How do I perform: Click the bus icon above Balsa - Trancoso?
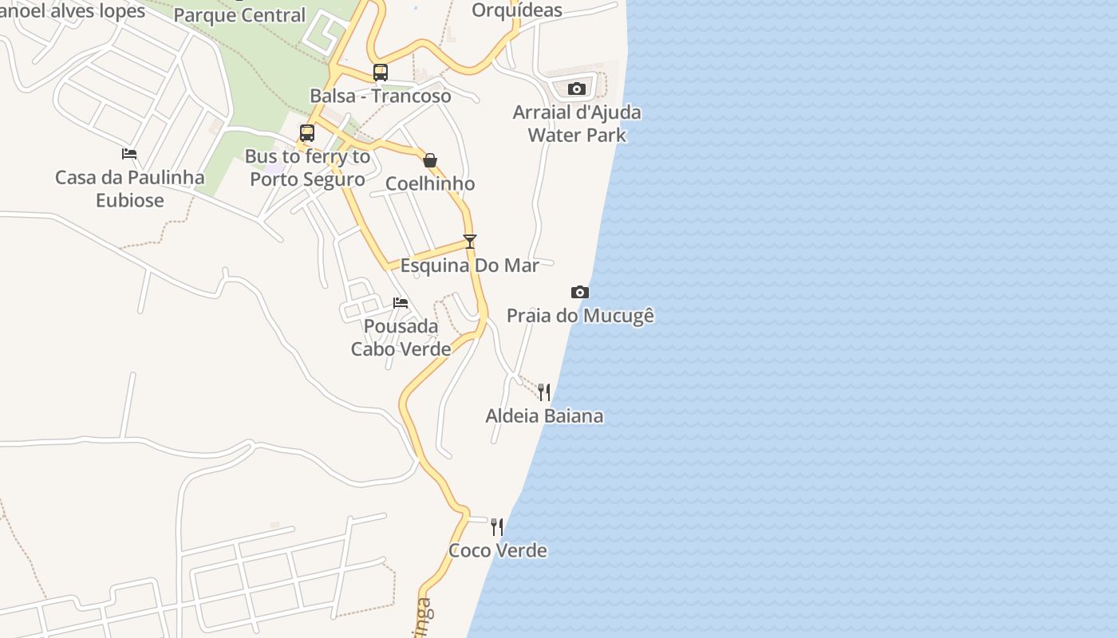[381, 73]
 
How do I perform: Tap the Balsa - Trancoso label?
[381, 96]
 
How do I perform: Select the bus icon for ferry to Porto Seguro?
[307, 133]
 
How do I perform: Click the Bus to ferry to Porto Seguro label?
[308, 168]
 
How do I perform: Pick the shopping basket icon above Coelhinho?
[430, 160]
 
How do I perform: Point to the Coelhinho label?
[430, 183]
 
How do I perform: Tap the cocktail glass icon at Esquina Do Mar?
[470, 242]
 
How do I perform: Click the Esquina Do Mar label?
[470, 266]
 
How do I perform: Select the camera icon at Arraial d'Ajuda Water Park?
[577, 89]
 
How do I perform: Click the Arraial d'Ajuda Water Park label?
[577, 124]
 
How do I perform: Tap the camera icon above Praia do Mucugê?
[580, 293]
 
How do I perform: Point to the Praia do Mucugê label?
[580, 316]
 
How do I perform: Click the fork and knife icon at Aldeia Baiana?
[544, 392]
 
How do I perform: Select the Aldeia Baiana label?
[544, 415]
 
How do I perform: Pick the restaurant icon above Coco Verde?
[497, 526]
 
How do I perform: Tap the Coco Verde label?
[498, 550]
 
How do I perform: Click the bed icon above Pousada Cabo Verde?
[401, 303]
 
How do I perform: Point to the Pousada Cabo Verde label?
[401, 337]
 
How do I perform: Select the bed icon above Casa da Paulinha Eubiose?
[129, 154]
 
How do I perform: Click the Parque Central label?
[239, 15]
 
